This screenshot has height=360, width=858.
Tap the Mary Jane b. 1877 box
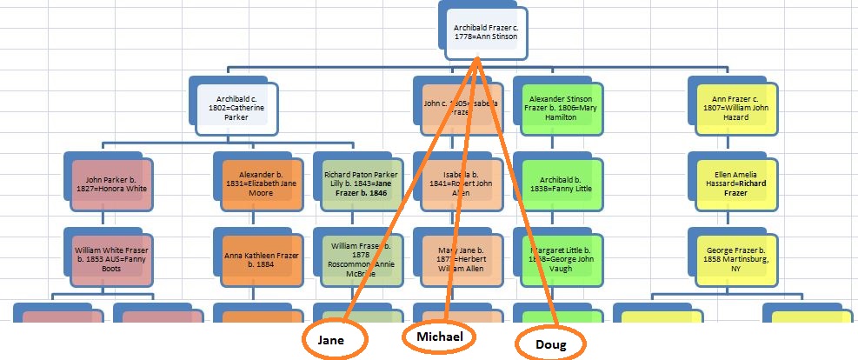(456, 258)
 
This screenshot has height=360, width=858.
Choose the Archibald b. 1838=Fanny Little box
(556, 183)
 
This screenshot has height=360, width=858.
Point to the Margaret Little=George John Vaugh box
(556, 258)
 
